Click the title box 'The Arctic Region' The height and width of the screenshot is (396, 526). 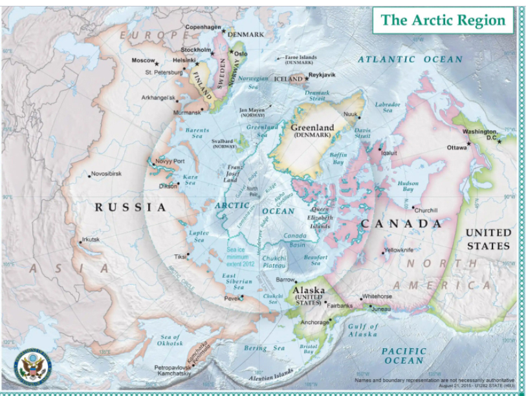[x=443, y=20]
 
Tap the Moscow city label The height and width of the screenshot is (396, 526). [x=143, y=60]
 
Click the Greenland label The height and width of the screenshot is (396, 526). [x=312, y=127]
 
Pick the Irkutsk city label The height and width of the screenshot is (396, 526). [x=91, y=239]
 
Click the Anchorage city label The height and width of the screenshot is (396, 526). [x=315, y=322]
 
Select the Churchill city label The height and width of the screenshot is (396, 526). [x=426, y=210]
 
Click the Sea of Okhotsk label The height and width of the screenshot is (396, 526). [x=171, y=340]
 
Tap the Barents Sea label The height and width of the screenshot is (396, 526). [x=197, y=133]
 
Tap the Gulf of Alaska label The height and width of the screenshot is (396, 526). [x=362, y=330]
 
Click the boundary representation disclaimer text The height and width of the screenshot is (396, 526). [x=434, y=382]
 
